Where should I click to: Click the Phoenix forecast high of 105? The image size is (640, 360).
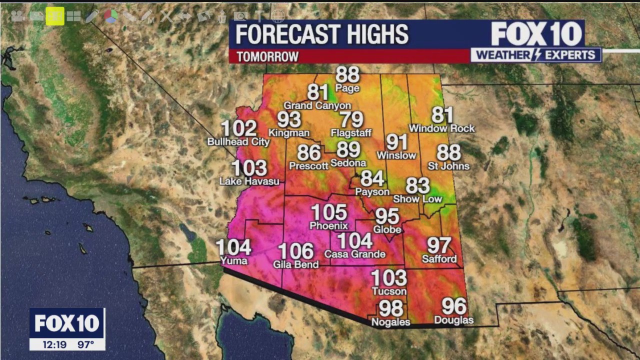coord(329,212)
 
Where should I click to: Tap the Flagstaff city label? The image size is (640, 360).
coord(351,133)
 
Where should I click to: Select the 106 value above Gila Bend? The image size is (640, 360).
coord(296,251)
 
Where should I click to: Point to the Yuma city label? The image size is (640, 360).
coord(233,261)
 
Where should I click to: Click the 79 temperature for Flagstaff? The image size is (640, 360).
coord(351,120)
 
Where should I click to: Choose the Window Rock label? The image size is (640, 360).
coord(441,128)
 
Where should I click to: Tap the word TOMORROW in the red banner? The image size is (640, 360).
coord(267,56)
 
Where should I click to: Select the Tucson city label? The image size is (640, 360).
coord(388,291)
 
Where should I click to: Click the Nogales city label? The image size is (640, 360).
coord(390,322)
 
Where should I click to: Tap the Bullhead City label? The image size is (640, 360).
coord(238,142)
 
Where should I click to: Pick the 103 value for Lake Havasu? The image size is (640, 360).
coord(249,168)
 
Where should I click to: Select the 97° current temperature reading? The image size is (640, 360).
coord(85,344)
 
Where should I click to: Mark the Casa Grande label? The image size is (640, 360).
coord(354,254)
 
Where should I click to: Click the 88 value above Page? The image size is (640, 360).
coord(347,75)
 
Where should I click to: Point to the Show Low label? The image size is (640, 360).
coord(417,199)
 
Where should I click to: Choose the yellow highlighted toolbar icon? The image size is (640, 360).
coord(55,16)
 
